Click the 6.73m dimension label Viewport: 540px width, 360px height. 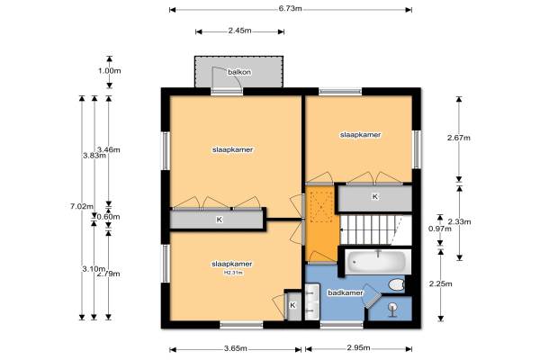click(291, 9)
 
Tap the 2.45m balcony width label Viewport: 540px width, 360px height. click(239, 31)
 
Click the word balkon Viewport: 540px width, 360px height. click(239, 72)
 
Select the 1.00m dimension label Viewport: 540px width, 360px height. click(110, 71)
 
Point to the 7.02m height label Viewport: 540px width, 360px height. click(82, 206)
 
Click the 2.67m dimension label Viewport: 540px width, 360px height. click(459, 138)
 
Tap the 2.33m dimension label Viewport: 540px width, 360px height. click(459, 221)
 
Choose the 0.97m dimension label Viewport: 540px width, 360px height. click(439, 229)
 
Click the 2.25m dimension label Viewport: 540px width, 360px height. click(440, 283)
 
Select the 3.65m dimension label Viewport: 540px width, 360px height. click(236, 348)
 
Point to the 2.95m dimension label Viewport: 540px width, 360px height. click(358, 347)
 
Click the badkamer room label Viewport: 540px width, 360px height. click(346, 292)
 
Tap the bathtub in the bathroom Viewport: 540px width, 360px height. click(378, 262)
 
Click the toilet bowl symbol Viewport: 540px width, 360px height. click(396, 285)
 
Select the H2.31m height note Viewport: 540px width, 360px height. click(233, 273)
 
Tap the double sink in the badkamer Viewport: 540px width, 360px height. click(312, 301)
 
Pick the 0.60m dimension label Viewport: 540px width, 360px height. click(109, 217)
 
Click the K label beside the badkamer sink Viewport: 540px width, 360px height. click(292, 305)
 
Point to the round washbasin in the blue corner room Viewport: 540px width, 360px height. click(392, 308)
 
